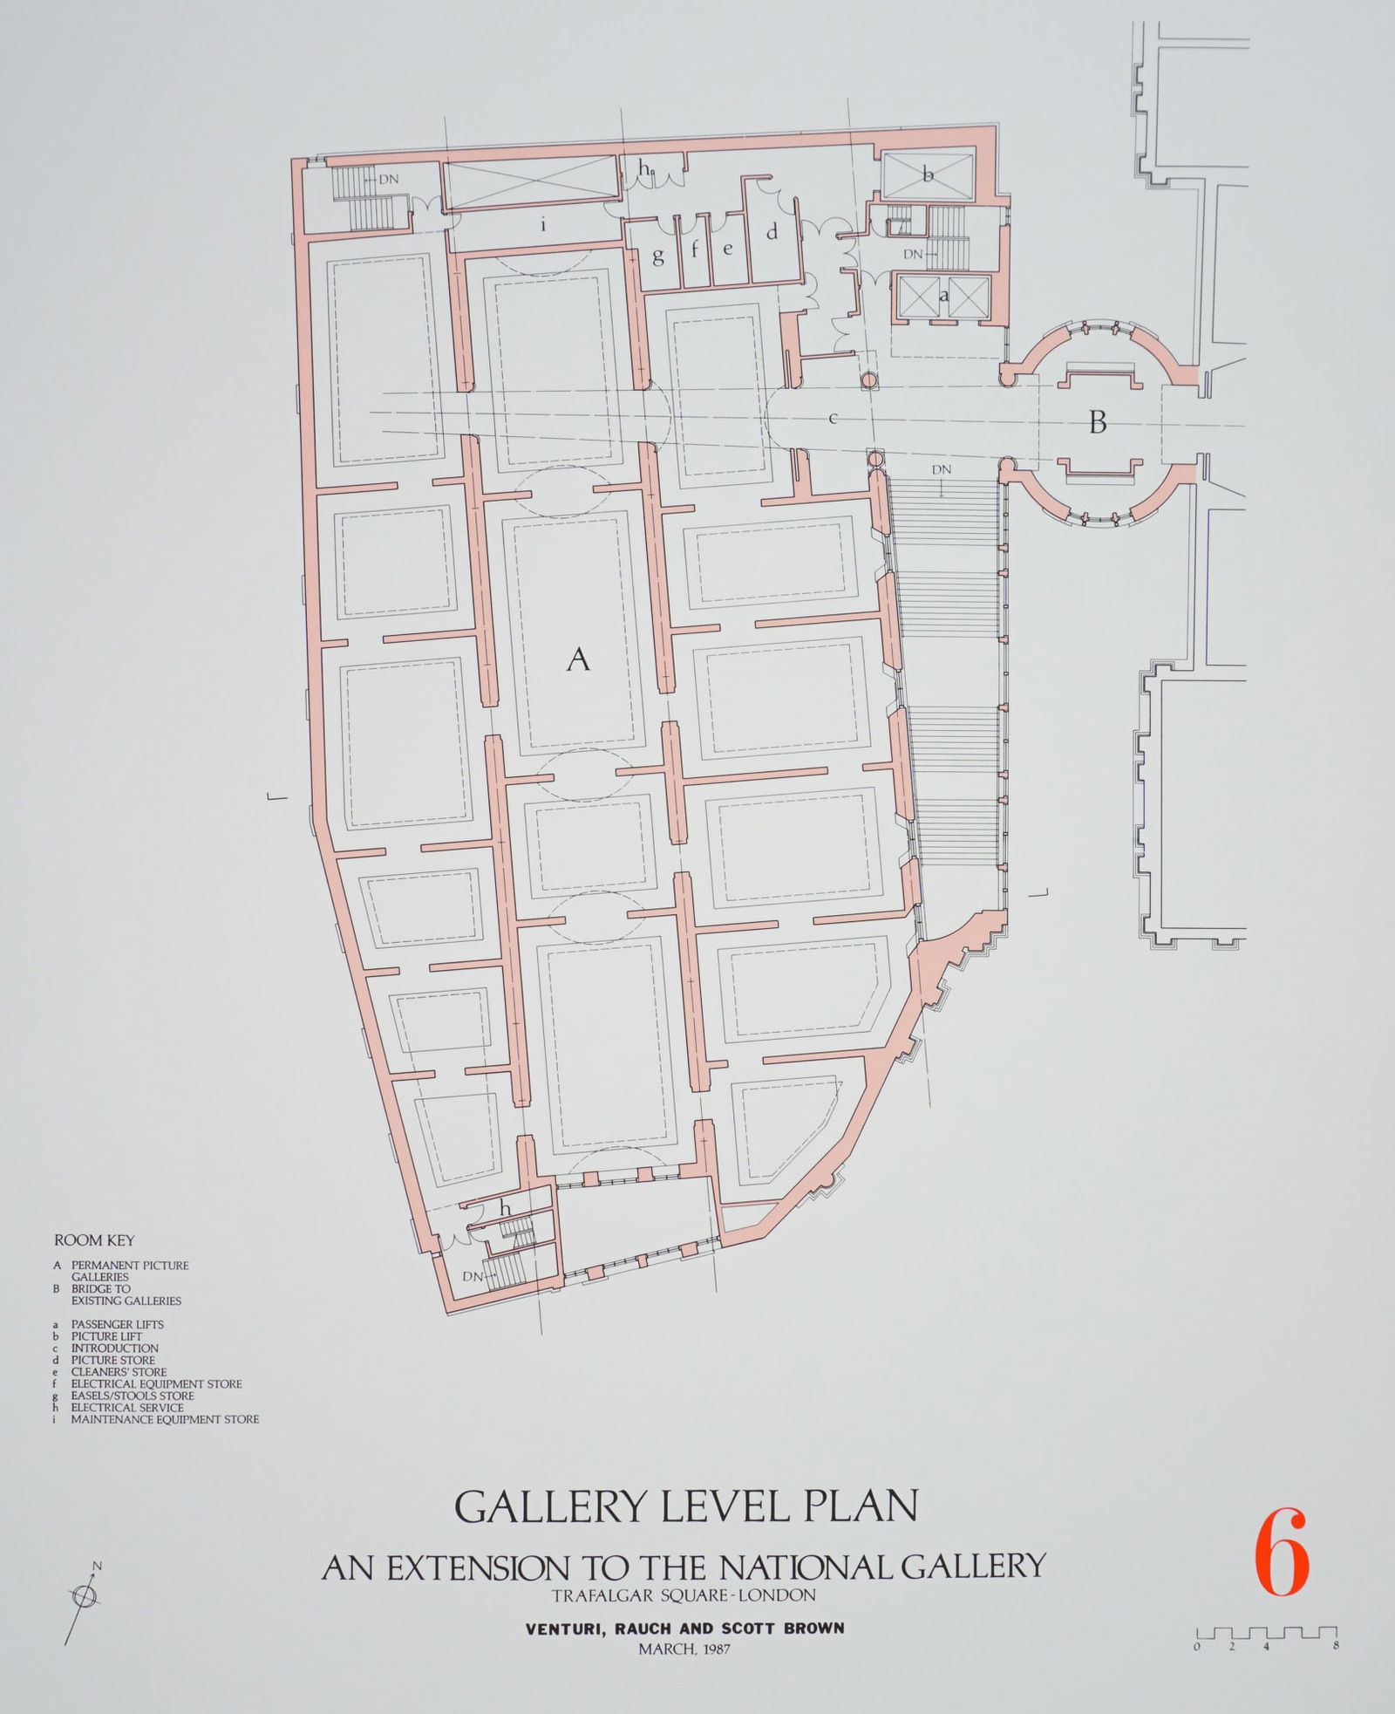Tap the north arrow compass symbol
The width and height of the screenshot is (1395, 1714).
(x=85, y=1595)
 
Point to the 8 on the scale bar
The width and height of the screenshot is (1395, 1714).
(x=1337, y=1647)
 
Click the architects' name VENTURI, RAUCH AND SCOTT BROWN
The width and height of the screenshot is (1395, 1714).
(x=684, y=1628)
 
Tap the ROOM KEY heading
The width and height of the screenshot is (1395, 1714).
(x=94, y=1240)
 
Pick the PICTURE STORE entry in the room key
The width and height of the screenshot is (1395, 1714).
(x=112, y=1360)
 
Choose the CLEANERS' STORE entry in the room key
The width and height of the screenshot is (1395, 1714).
(x=119, y=1372)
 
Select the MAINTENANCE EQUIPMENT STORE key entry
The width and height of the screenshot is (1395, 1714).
(x=164, y=1419)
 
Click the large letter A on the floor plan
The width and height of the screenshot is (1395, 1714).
(x=578, y=660)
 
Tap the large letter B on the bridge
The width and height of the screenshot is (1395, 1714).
(x=1098, y=423)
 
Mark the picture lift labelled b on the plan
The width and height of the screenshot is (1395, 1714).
(x=928, y=175)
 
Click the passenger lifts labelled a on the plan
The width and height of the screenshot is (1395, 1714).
(x=943, y=296)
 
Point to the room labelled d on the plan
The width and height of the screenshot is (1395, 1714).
(x=772, y=233)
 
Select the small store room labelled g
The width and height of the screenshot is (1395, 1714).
(x=658, y=256)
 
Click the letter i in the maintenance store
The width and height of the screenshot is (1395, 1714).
(x=543, y=224)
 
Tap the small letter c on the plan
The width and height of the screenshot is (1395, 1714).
(x=833, y=419)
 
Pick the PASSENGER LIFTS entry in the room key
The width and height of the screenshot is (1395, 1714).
(x=117, y=1324)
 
